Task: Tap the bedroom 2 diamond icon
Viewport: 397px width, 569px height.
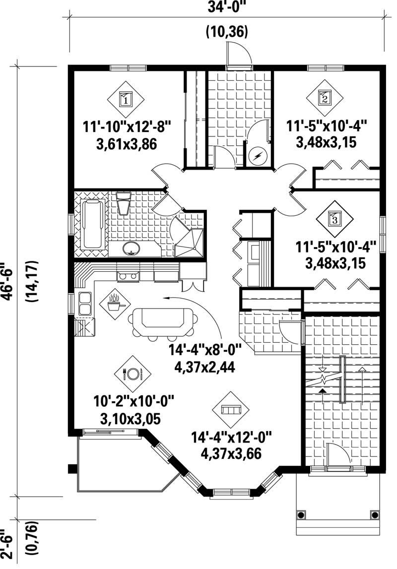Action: (325, 98)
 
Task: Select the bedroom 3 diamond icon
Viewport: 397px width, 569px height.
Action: (335, 218)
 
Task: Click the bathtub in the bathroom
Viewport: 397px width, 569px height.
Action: (93, 224)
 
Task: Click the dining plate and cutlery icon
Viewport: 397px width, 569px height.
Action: (132, 374)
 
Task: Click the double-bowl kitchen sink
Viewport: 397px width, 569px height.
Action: (84, 303)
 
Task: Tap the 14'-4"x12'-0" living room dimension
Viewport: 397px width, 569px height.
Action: (231, 438)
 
